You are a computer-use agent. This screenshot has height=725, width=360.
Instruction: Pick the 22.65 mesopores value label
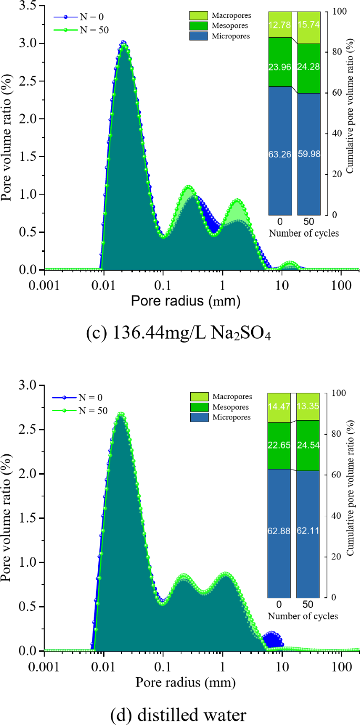pyautogui.click(x=279, y=445)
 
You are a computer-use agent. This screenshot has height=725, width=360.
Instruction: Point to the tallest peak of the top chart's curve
pyautogui.click(x=124, y=43)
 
